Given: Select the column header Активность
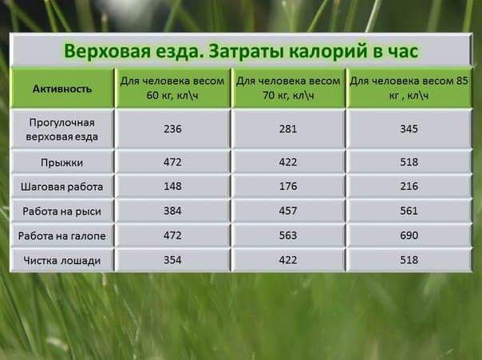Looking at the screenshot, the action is [x=62, y=89].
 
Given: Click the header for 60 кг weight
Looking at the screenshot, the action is [x=172, y=88].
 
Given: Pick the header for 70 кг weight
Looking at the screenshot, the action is [x=288, y=88].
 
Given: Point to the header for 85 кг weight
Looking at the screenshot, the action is [x=409, y=88].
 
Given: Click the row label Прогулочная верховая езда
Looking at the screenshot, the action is [x=61, y=129].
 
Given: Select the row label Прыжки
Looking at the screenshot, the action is [x=61, y=163].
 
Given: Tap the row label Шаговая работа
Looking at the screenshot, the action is [x=61, y=187].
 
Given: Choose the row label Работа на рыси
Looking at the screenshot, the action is [x=61, y=212].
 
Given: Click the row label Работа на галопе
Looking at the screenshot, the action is [x=61, y=235].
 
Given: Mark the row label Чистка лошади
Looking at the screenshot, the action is [x=61, y=260].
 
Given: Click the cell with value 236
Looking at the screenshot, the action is [x=172, y=129].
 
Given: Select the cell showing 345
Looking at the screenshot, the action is [x=409, y=129].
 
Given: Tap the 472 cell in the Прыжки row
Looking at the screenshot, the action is [x=172, y=162].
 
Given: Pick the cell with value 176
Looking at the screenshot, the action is [x=288, y=186].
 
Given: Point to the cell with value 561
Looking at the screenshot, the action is [x=409, y=211].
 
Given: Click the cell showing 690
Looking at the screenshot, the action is [x=409, y=235].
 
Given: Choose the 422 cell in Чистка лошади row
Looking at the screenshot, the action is [x=288, y=259].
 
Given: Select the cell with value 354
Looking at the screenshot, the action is [x=172, y=259].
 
